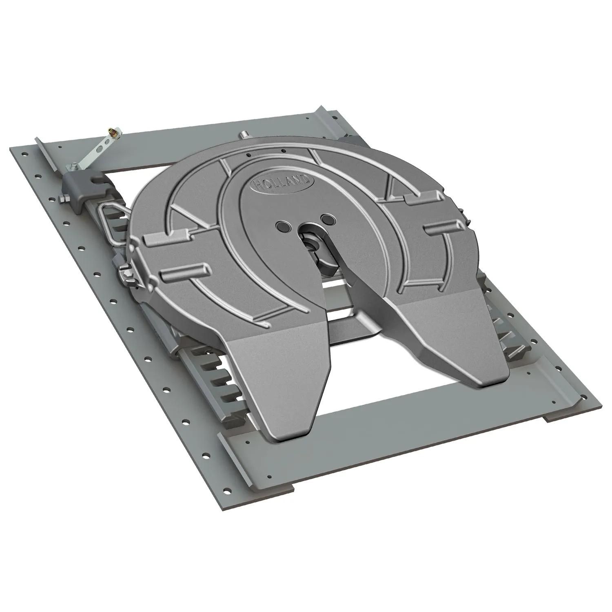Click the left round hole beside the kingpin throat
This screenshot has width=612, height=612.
click(x=282, y=225)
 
